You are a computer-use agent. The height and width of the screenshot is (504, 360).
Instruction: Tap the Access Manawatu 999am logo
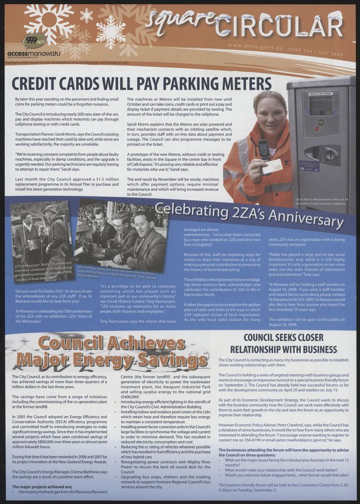tap(34, 41)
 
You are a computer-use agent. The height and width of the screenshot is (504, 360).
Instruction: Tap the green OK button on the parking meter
tap(321, 122)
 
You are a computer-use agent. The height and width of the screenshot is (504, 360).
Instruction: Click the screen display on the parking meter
tap(320, 104)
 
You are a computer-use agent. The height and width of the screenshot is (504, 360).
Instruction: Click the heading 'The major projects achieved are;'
tap(42, 487)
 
